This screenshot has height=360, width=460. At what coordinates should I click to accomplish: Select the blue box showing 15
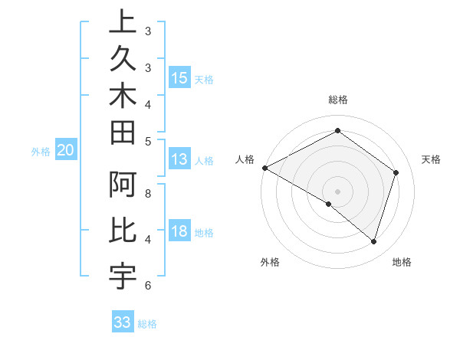pyautogui.click(x=179, y=77)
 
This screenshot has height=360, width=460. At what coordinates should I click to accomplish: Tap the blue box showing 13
pyautogui.click(x=179, y=159)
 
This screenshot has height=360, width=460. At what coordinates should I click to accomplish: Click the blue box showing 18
pyautogui.click(x=179, y=231)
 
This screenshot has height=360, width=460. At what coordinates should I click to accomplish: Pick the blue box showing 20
pyautogui.click(x=65, y=150)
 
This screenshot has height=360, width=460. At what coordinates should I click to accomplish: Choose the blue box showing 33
pyautogui.click(x=122, y=322)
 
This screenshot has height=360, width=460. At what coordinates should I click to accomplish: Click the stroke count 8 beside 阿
pyautogui.click(x=148, y=194)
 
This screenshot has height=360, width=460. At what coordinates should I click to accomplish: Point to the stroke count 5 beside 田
pyautogui.click(x=148, y=141)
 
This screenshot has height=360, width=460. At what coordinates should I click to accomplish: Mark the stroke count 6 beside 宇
pyautogui.click(x=148, y=286)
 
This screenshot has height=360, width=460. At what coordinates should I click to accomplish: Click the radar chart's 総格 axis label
pyautogui.click(x=337, y=100)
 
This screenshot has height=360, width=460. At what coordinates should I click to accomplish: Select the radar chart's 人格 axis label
pyautogui.click(x=245, y=159)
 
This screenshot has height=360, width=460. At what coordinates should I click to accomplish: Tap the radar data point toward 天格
pyautogui.click(x=396, y=172)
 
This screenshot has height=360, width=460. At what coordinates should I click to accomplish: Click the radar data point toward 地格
pyautogui.click(x=373, y=241)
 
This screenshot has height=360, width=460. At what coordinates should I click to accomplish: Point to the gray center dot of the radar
pyautogui.click(x=337, y=191)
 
